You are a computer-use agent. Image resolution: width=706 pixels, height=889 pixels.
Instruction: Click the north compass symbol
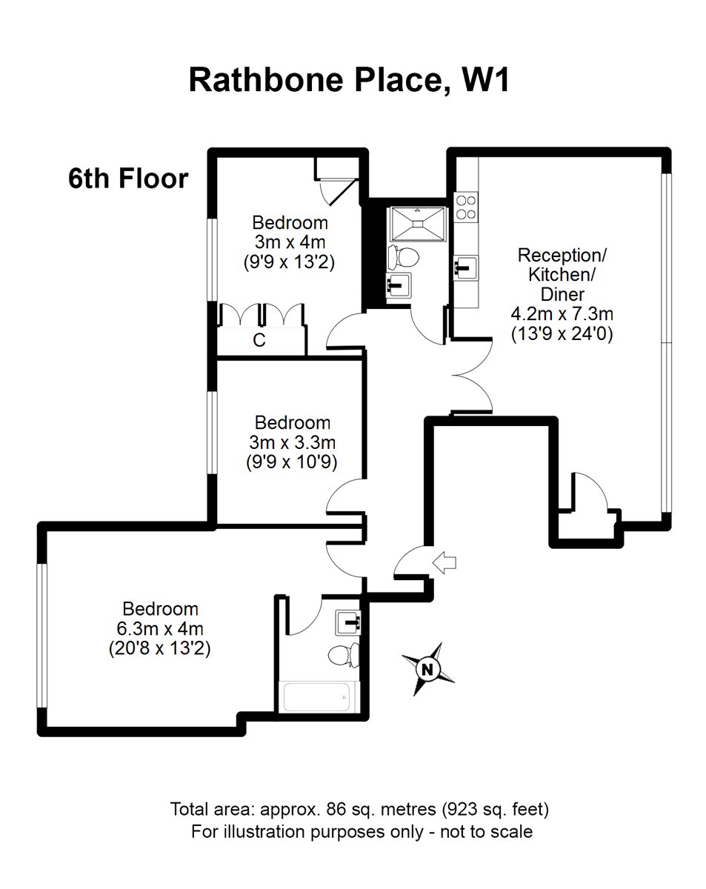pos(427,668)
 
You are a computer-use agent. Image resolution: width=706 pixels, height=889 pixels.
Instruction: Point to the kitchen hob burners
pos(466,207)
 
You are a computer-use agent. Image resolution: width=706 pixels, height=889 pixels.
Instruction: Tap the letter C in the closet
pos(259,340)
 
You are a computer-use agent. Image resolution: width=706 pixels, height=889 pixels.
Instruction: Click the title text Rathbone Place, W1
pos(349,80)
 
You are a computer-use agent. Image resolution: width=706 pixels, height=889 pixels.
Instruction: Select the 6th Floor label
pos(127,179)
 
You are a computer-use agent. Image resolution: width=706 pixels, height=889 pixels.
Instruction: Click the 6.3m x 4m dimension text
pos(161,629)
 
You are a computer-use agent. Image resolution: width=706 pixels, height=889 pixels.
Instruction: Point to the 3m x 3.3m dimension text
pos(293,442)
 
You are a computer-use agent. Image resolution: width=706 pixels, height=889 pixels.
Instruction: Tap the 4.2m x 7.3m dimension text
pos(562,314)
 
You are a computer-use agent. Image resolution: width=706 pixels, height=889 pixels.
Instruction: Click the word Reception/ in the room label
pos(562,256)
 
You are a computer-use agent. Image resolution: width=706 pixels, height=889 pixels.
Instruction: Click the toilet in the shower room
pos(404,256)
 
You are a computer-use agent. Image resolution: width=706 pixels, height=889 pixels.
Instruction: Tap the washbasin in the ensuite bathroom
pos(347,621)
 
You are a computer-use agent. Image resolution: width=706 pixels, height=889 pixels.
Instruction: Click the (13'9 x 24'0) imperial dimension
pos(562,334)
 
